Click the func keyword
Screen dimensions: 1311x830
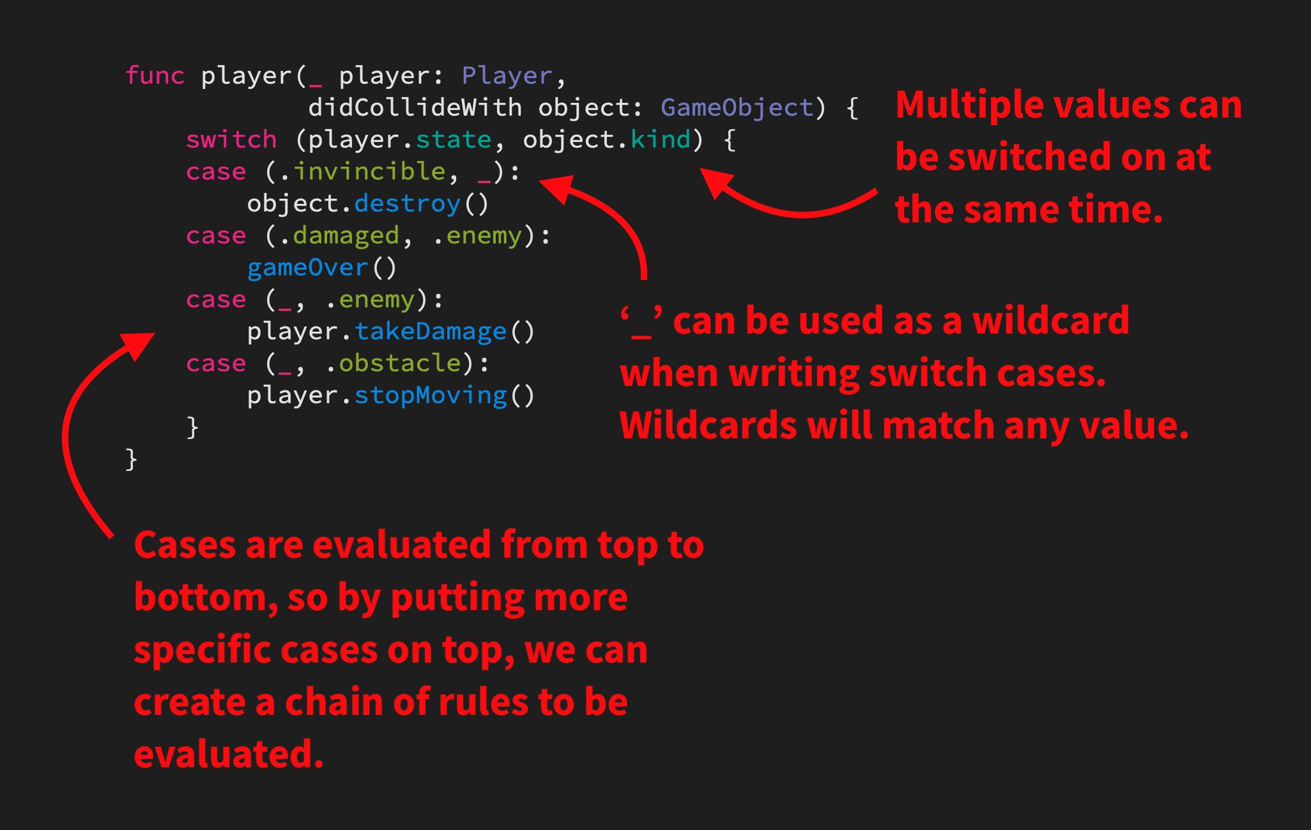[155, 76]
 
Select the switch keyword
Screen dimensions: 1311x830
[231, 140]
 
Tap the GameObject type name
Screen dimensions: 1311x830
[737, 108]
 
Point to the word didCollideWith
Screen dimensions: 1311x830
[415, 108]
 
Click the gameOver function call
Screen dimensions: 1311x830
[307, 268]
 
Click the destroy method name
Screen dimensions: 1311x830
[407, 204]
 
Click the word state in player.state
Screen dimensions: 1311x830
[453, 140]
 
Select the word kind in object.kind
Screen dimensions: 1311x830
[660, 140]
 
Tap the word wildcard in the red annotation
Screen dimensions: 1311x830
[1050, 321]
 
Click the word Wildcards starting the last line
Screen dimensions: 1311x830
[709, 426]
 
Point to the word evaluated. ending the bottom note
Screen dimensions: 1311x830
[229, 755]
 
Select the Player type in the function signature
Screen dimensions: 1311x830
[507, 76]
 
